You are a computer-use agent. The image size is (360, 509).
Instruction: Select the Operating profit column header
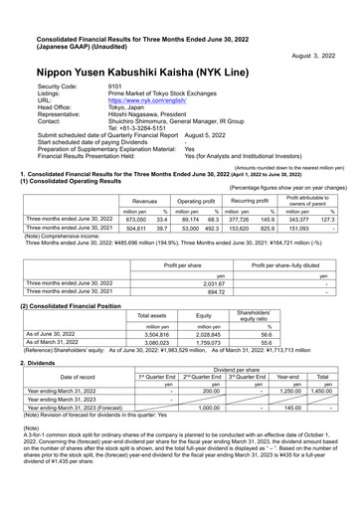pyautogui.click(x=196, y=173)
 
